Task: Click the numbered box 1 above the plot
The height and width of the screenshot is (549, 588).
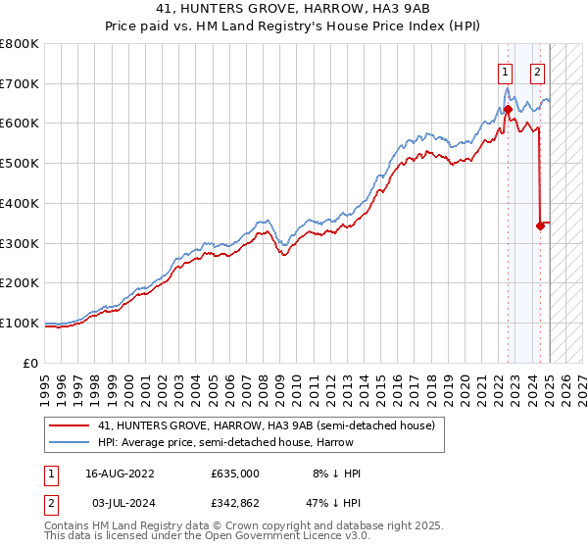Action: [x=505, y=71]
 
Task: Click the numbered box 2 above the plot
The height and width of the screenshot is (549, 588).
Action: [x=538, y=71]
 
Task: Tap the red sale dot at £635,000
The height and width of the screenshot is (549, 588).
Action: [x=508, y=109]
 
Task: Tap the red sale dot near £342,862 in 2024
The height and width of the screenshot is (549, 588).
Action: [x=540, y=225]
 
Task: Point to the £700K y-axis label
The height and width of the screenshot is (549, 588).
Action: [x=20, y=83]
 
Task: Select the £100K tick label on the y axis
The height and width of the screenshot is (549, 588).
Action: [x=20, y=323]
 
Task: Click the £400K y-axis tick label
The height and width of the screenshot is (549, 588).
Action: [x=20, y=203]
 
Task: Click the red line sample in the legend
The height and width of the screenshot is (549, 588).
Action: [x=69, y=425]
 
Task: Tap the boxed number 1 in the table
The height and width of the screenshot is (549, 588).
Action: [x=50, y=474]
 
